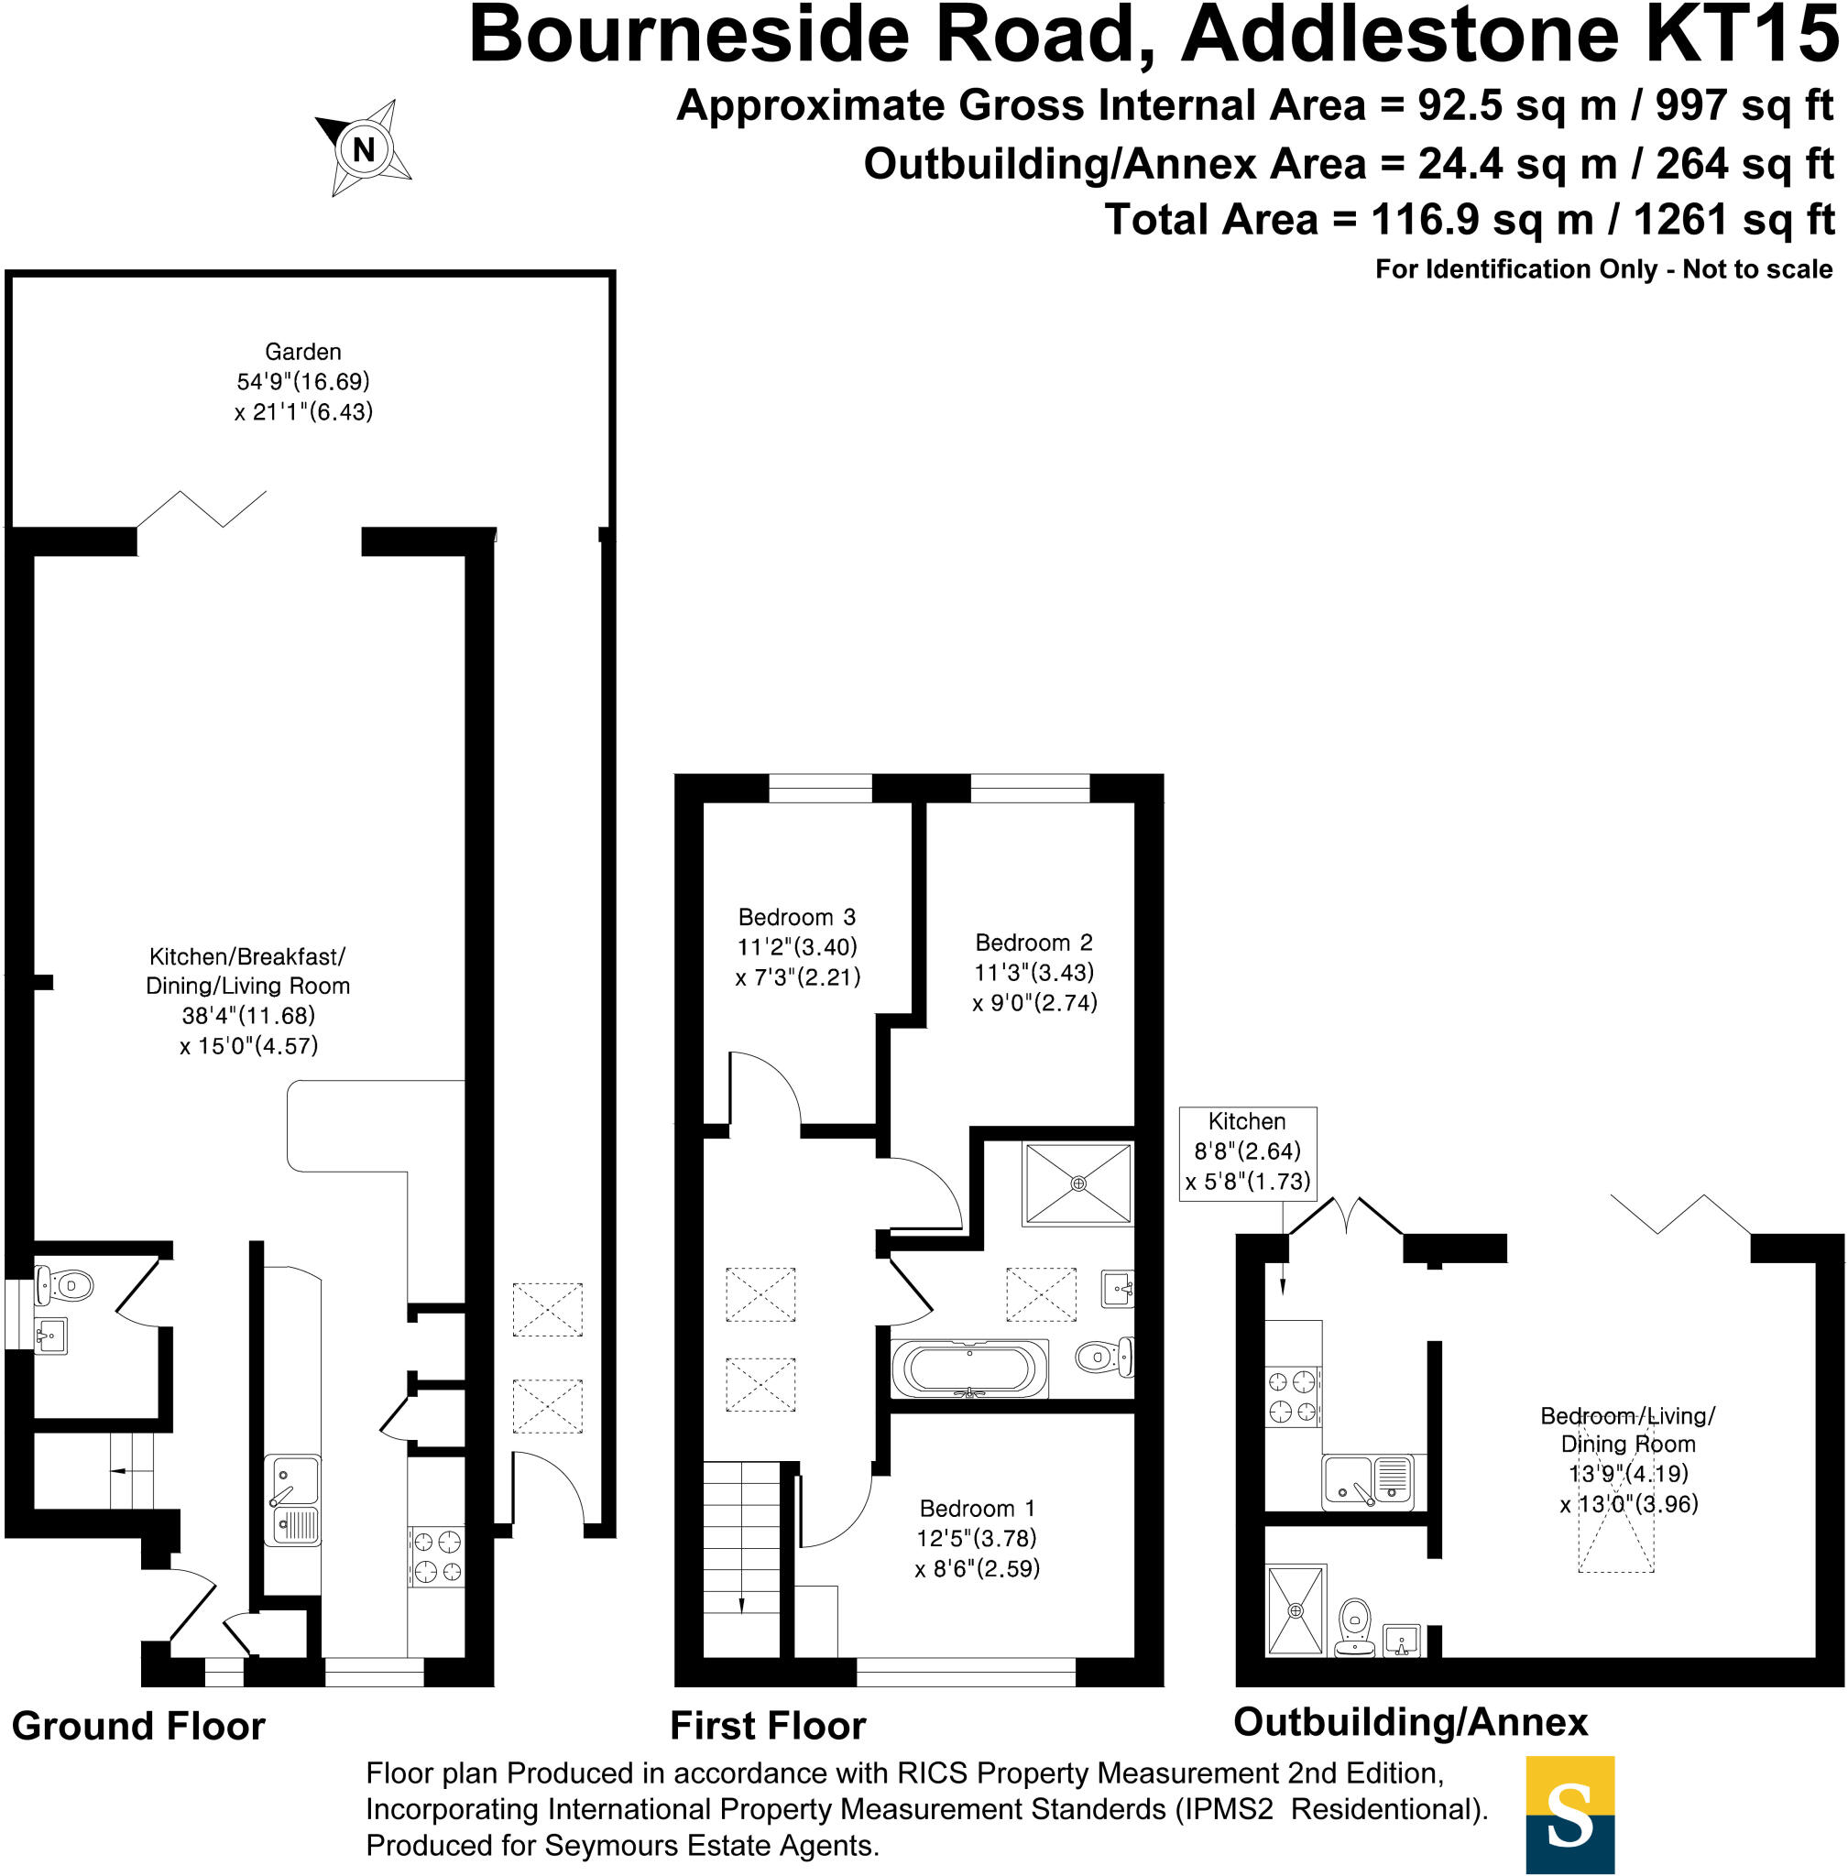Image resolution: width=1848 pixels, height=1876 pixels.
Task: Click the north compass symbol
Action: coord(364,148)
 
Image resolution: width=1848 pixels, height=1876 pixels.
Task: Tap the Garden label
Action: coord(303,352)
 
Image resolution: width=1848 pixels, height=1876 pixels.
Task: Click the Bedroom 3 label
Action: coord(797,917)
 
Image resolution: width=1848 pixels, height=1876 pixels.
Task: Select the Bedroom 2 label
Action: coord(1033,943)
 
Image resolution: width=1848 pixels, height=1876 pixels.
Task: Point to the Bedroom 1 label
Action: coord(978,1508)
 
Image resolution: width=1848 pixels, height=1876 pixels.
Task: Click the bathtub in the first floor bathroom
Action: coord(969,1369)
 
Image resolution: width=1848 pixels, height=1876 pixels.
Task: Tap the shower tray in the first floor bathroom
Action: coord(1077,1184)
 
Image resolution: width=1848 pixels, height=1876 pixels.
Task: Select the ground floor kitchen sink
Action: coord(293,1500)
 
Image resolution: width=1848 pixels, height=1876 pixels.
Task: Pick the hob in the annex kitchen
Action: coord(1293,1396)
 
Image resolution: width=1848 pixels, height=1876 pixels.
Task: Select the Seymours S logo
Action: coord(1569,1814)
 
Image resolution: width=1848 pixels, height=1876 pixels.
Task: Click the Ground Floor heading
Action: coord(137,1726)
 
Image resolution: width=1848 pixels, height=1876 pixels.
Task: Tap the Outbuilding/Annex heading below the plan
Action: coord(1410,1722)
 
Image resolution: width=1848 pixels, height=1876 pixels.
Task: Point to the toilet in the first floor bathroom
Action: coord(1105,1357)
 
